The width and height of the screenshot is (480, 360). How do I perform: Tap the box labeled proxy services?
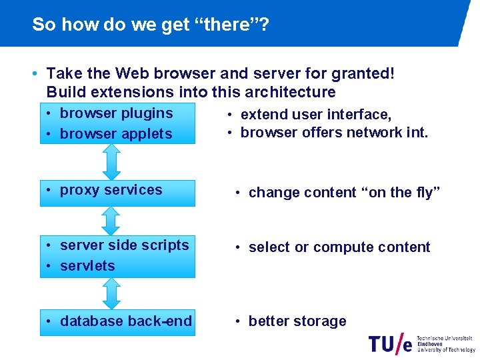[117, 193]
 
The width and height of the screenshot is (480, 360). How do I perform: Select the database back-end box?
[117, 321]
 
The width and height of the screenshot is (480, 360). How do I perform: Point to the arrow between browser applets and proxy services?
[111, 161]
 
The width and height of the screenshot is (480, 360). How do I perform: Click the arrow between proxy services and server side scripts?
[111, 219]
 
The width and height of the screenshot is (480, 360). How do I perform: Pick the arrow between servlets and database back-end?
[111, 293]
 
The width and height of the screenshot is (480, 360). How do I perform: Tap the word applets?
[146, 134]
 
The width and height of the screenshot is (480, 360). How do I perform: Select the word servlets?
[87, 266]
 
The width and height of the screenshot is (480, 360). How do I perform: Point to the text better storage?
[297, 321]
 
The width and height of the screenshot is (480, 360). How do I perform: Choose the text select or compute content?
[339, 247]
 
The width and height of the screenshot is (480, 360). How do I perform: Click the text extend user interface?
[315, 115]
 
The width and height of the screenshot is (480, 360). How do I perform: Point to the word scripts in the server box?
[167, 245]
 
